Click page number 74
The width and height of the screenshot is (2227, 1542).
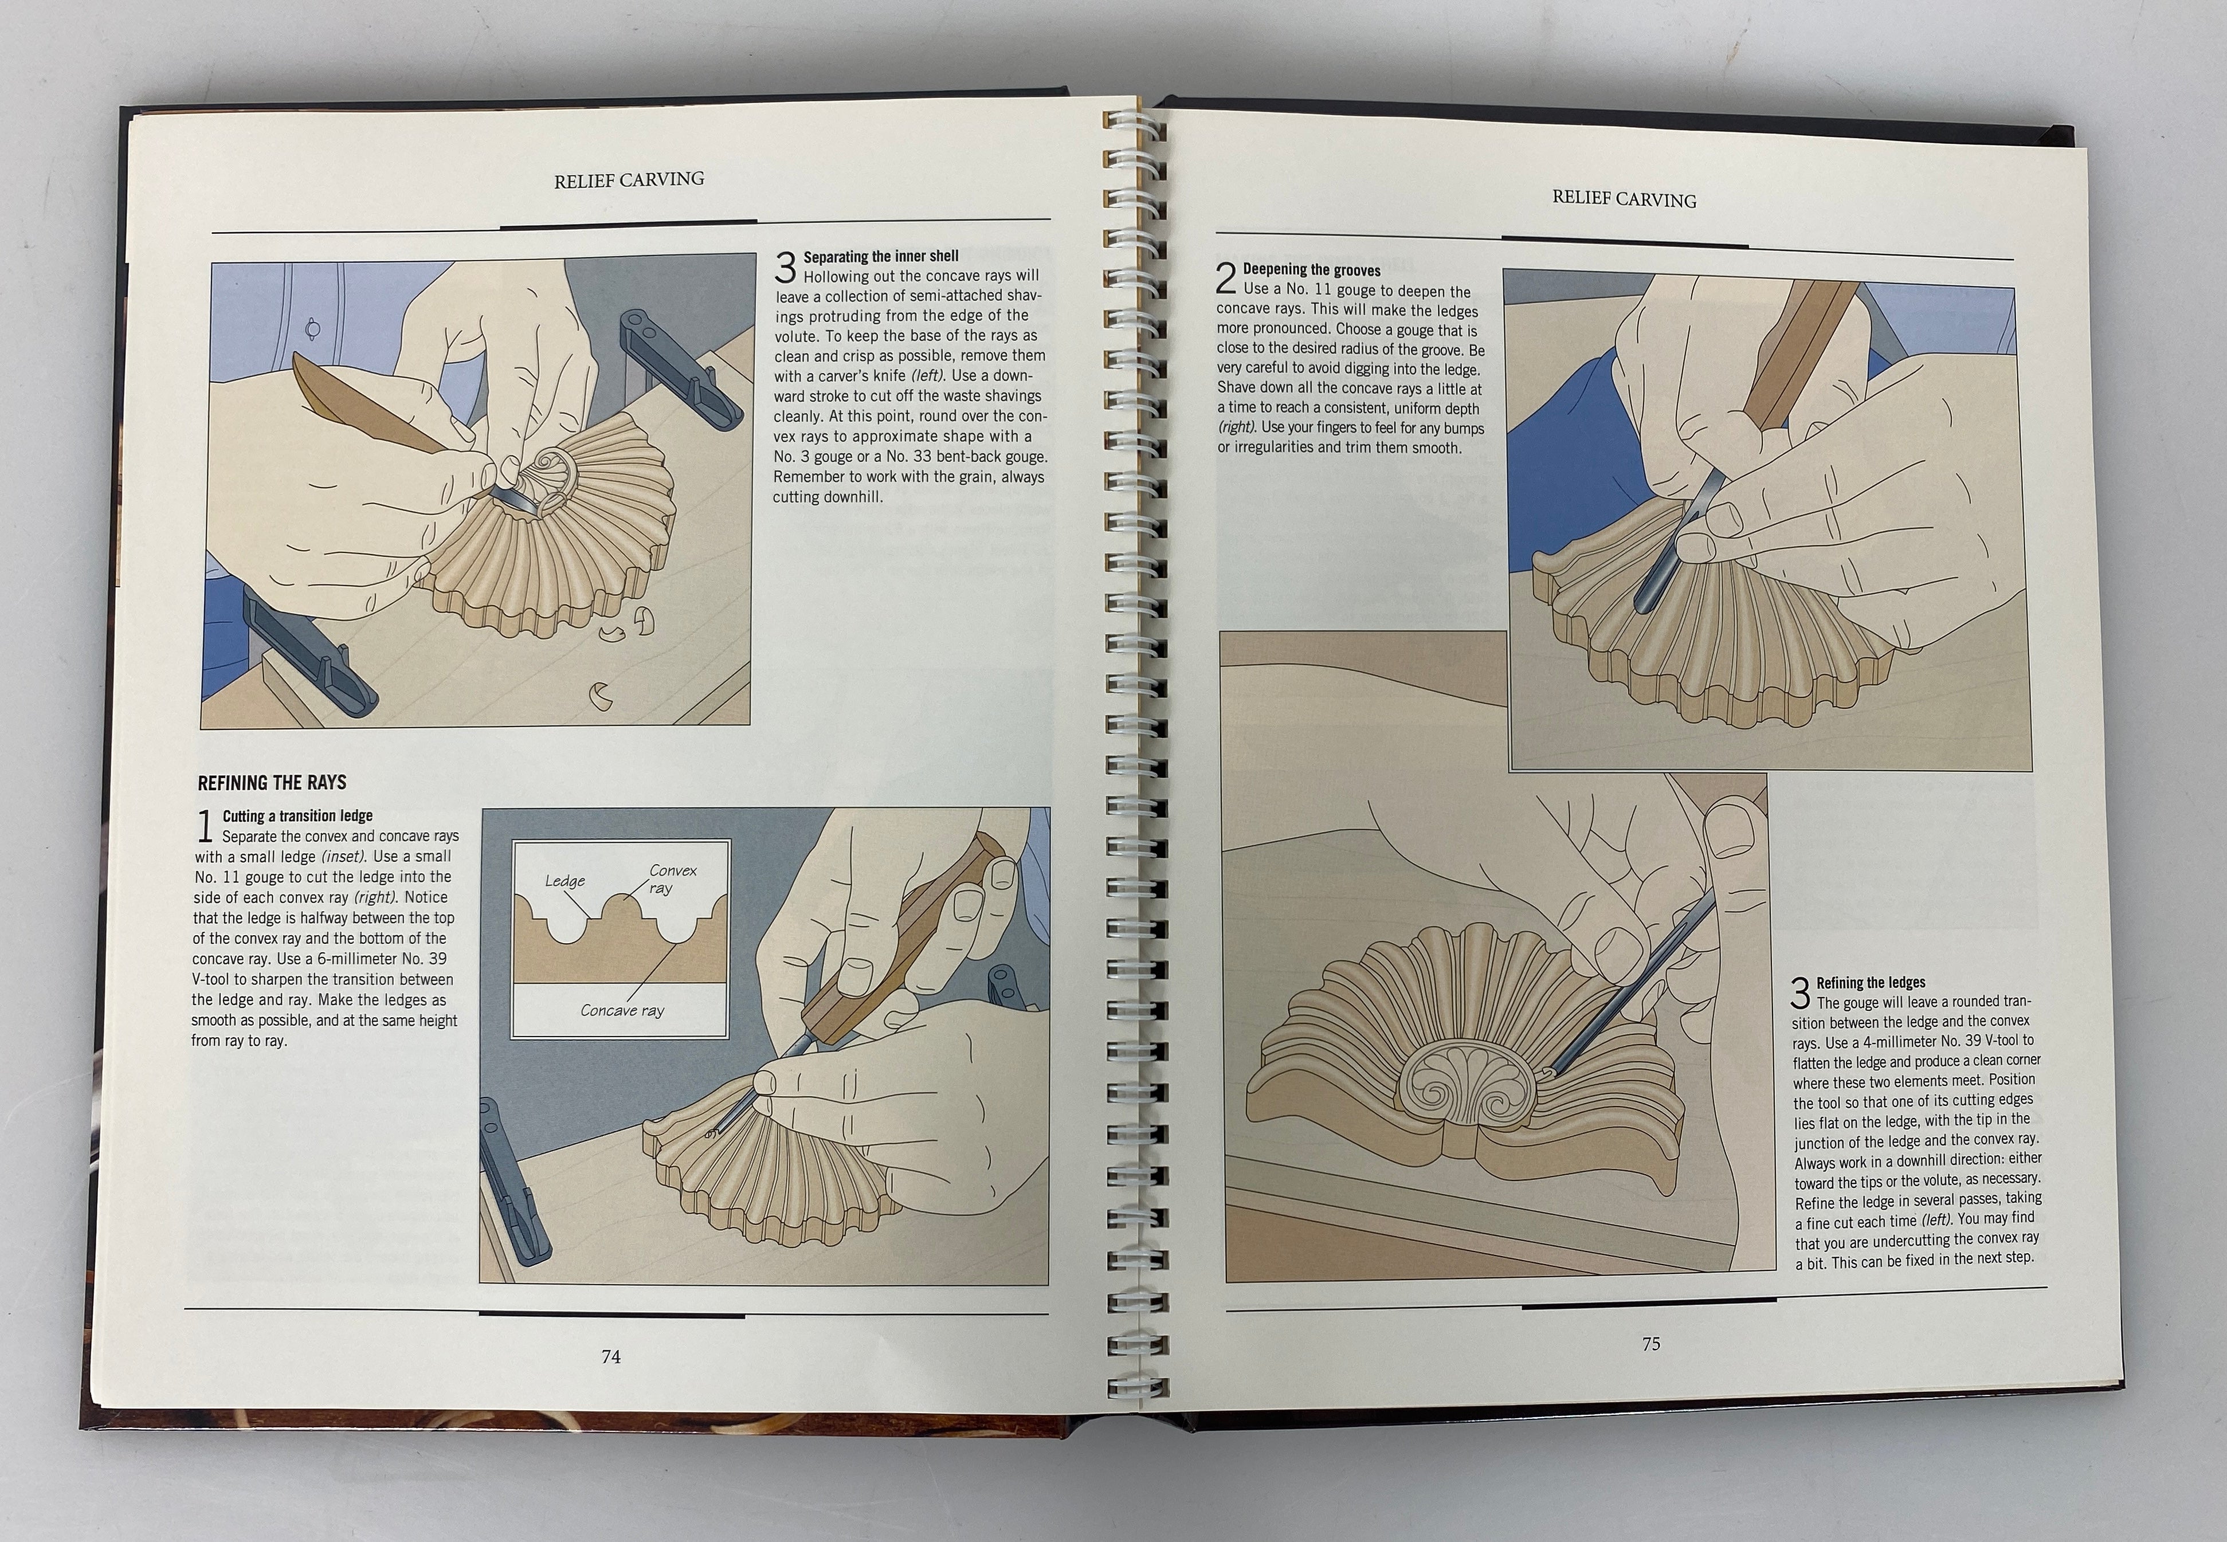point(610,1356)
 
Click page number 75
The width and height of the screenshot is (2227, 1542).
point(1650,1343)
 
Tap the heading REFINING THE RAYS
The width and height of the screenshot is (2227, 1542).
point(272,783)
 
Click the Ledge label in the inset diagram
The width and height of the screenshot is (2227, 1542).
point(564,881)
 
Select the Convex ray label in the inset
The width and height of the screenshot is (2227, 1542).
point(672,878)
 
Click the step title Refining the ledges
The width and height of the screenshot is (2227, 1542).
point(1871,983)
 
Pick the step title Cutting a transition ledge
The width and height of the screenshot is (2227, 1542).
point(297,817)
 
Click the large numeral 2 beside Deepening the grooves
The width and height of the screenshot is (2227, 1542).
point(1225,280)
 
